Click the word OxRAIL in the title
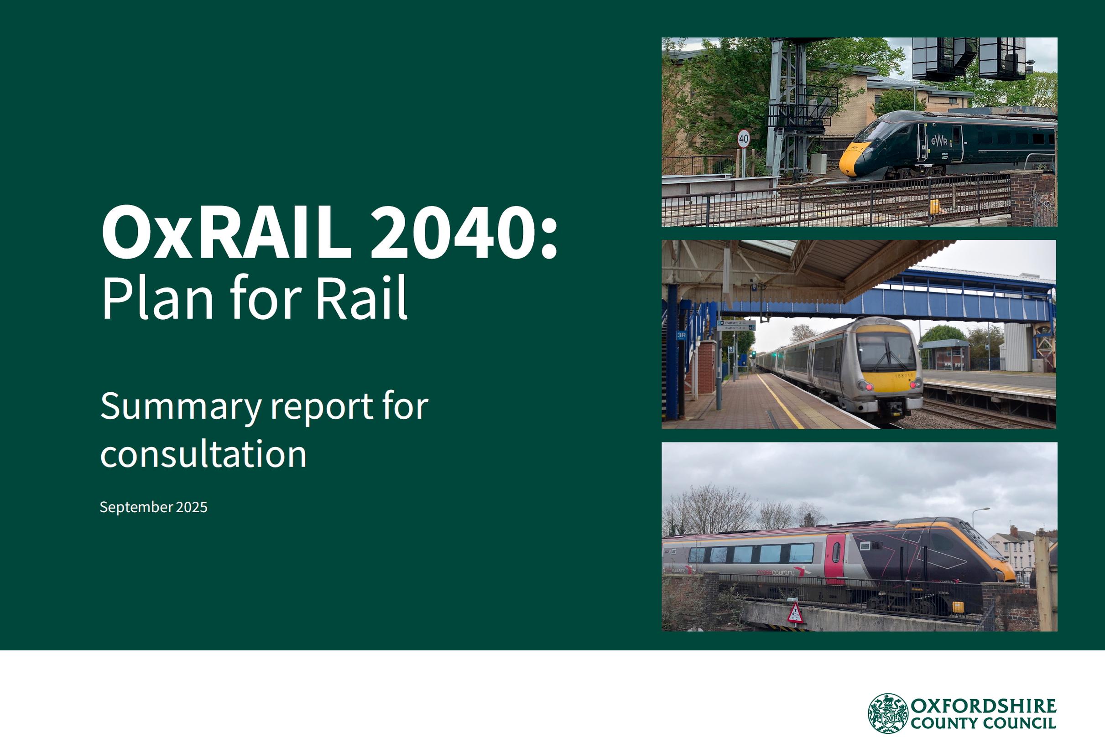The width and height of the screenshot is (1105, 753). point(226,232)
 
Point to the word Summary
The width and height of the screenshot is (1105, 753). point(181,407)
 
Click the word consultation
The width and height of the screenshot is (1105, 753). point(203,454)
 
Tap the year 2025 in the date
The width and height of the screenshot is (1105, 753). point(192,507)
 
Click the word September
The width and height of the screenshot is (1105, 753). point(136,508)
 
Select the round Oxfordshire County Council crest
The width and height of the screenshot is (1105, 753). point(888,713)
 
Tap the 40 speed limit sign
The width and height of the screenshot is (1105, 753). point(744,139)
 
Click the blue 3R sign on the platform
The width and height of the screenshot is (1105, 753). point(681,335)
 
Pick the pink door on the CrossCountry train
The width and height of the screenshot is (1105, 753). point(835,559)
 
